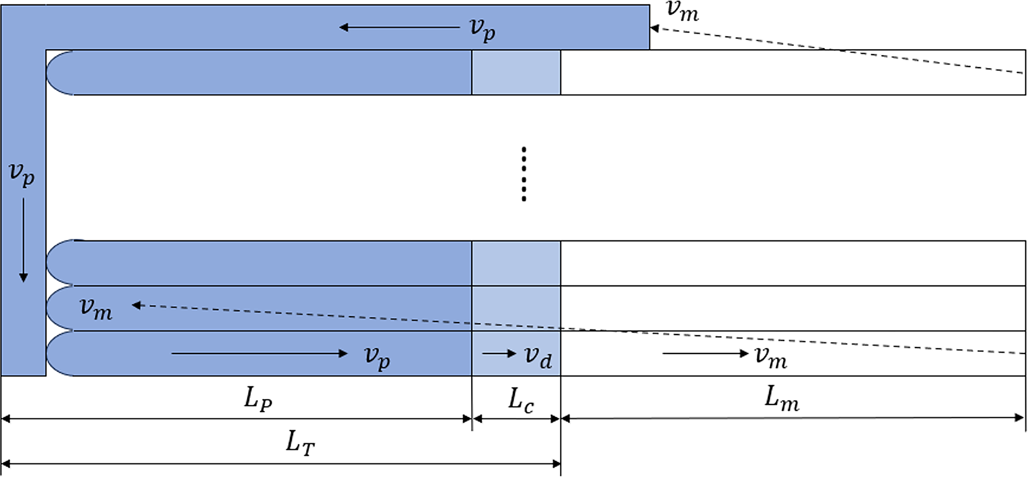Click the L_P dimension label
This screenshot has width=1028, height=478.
point(258,400)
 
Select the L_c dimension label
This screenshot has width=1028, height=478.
point(521,401)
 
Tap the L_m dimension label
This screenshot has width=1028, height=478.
point(782,400)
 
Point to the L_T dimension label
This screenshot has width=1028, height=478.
point(300,443)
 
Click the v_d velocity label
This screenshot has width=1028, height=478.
point(538,357)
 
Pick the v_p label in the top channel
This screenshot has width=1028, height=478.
point(482,29)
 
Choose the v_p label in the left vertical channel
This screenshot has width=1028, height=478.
point(22,174)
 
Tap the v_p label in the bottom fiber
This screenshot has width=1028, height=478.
point(377,357)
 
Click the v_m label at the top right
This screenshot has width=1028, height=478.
point(682,11)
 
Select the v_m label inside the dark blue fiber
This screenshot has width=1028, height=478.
point(96,309)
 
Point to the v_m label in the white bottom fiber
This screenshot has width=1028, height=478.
point(771,358)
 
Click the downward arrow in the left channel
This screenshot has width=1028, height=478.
point(23,240)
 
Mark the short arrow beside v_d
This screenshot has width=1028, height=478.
point(499,353)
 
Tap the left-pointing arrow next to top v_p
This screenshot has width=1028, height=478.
point(399,27)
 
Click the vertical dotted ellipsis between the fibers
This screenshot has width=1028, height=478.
point(524,174)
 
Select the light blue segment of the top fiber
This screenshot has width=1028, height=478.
point(516,73)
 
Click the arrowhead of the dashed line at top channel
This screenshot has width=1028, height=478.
point(654,28)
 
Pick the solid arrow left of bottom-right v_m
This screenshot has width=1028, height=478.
point(705,353)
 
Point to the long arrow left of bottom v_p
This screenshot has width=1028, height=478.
point(259,353)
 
